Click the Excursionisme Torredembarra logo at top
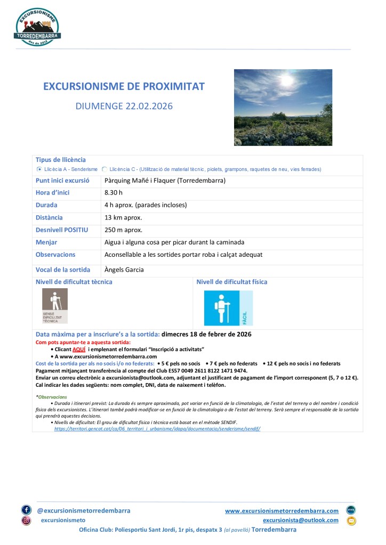tap(38, 26)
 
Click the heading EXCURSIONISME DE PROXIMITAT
tap(124, 86)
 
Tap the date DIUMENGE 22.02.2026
tap(124, 107)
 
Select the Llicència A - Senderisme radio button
tap(39, 169)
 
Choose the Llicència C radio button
tap(104, 169)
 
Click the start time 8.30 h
tap(114, 192)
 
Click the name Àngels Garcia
tap(124, 270)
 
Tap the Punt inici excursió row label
tap(62, 181)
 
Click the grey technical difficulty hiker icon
tap(55, 306)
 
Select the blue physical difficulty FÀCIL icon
tap(221, 308)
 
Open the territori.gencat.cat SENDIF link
tap(157, 428)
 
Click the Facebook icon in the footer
tap(26, 510)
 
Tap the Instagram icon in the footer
tap(26, 520)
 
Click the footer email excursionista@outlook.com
tap(301, 520)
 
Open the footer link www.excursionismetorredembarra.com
tap(282, 510)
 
